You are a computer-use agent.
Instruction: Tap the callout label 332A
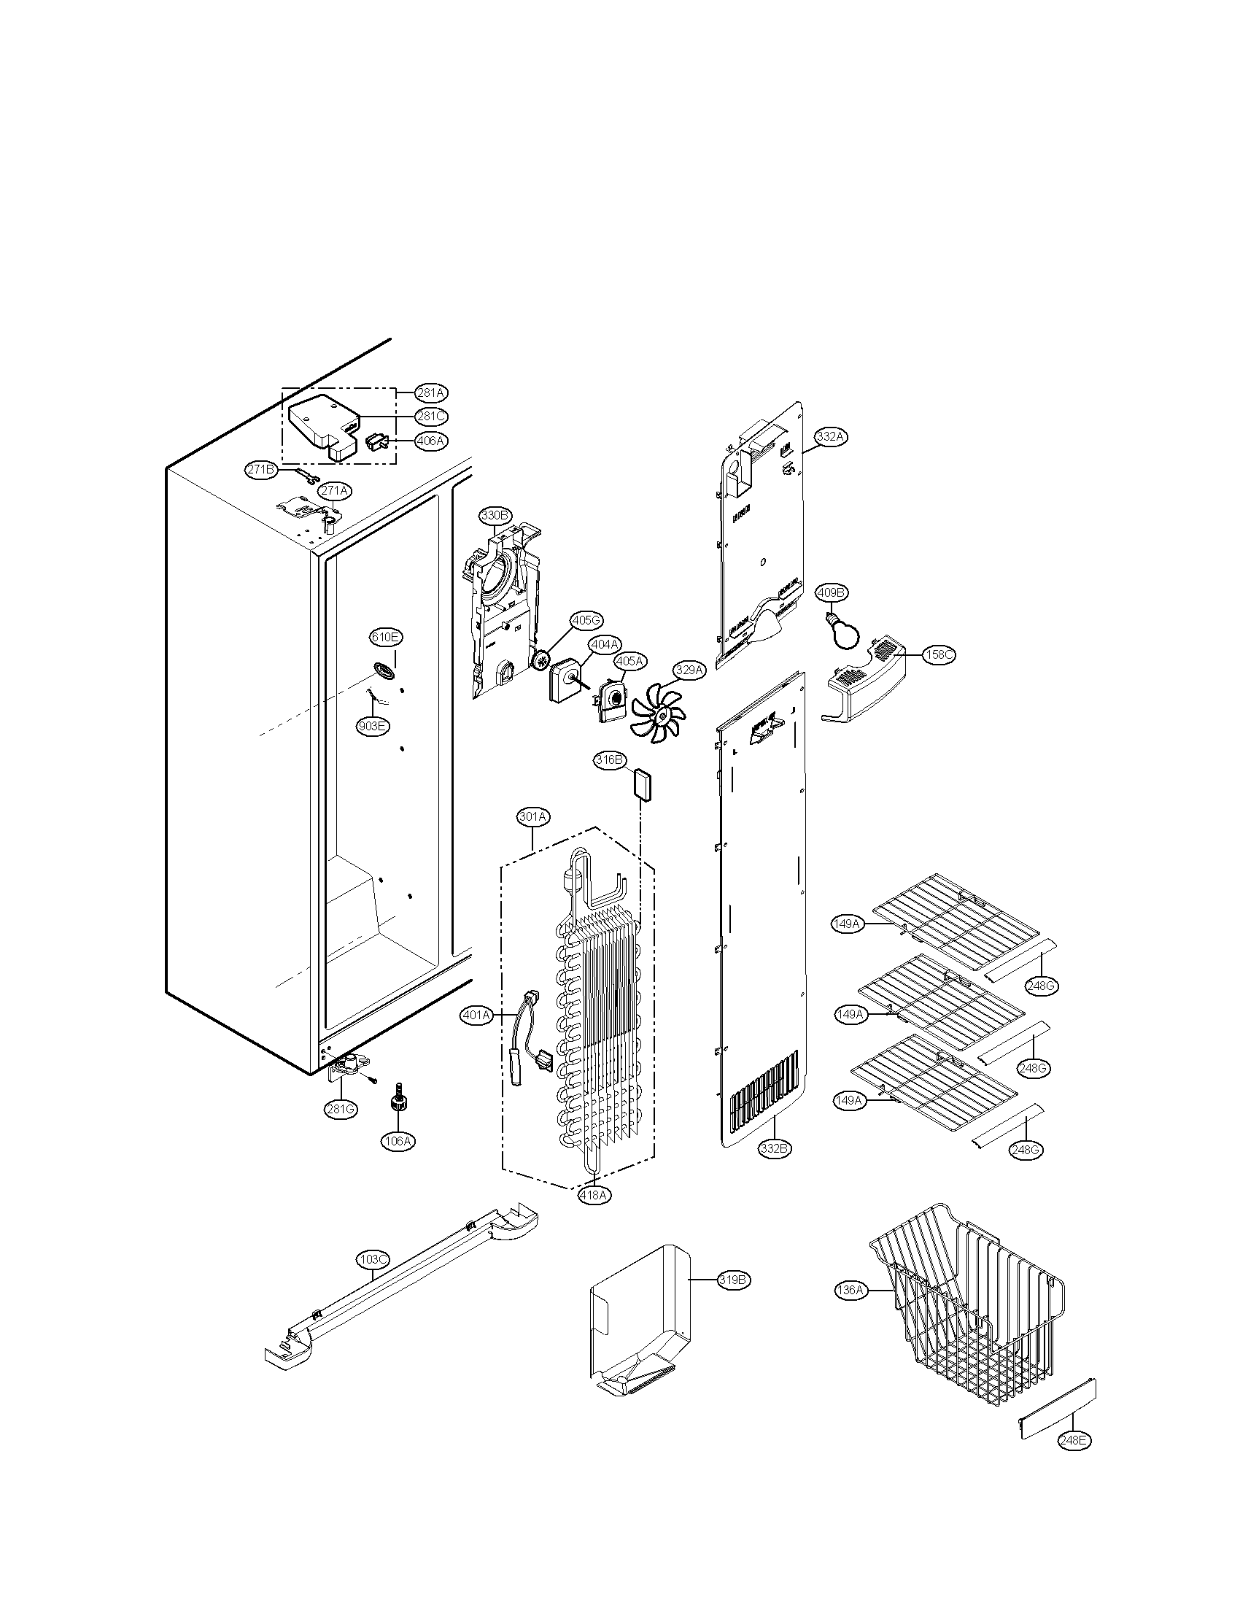coord(831,436)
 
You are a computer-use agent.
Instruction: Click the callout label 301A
coord(533,816)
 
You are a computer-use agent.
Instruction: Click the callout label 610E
coord(385,637)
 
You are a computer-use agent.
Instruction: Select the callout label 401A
coord(476,1016)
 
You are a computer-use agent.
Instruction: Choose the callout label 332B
coord(776,1148)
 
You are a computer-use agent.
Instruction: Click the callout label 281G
coord(341,1109)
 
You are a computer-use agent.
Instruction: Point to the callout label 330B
coord(495,515)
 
